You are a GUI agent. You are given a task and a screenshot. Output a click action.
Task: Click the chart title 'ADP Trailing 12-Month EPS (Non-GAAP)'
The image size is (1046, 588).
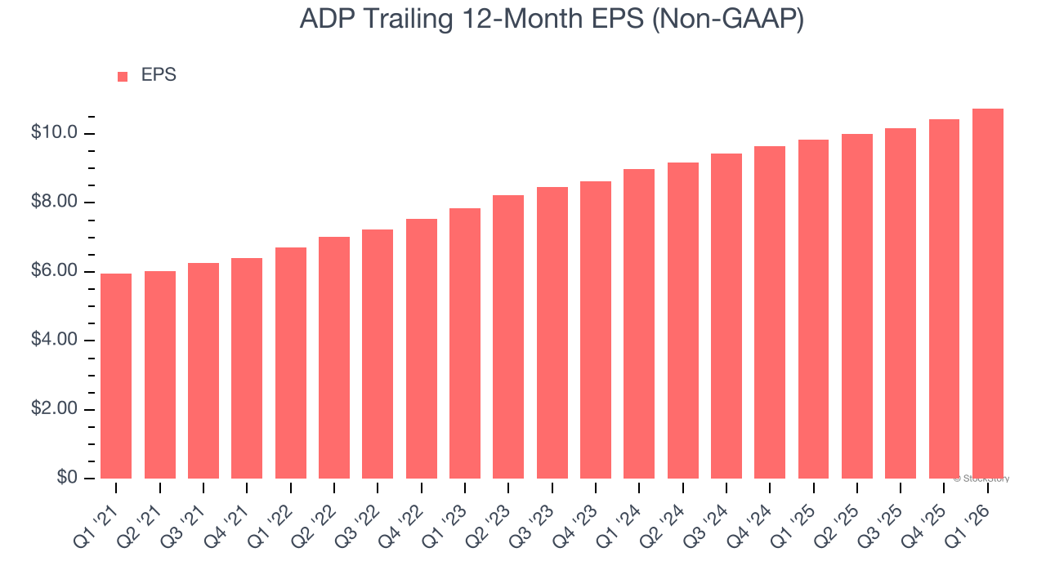(x=552, y=19)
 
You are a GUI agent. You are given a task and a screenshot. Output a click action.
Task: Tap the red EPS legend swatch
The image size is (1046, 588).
(x=123, y=76)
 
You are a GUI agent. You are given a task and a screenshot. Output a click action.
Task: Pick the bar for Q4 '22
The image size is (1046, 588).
(x=421, y=349)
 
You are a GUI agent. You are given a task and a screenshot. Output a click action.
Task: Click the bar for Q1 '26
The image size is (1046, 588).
(x=988, y=294)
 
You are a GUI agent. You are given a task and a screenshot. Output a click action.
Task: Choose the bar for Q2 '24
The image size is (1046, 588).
(x=682, y=320)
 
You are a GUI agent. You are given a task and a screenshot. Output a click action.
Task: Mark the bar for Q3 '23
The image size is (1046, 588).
(x=552, y=332)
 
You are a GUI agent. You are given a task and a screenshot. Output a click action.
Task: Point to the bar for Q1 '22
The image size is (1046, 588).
(x=290, y=363)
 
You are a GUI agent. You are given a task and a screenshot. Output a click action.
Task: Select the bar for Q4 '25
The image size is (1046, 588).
(x=944, y=299)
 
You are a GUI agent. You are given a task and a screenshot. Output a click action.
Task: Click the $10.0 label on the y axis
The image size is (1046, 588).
(x=54, y=133)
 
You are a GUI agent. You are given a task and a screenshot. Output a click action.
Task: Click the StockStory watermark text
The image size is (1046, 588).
(x=981, y=479)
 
